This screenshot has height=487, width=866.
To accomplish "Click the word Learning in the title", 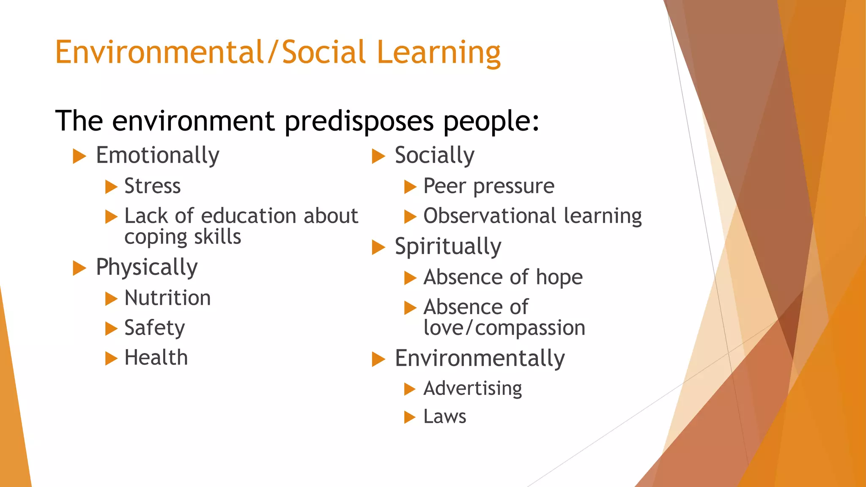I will click(x=438, y=53).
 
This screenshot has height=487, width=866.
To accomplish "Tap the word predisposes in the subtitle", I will click(x=359, y=122).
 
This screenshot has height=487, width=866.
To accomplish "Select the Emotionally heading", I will click(x=157, y=156).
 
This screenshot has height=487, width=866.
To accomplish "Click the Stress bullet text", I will click(x=152, y=186).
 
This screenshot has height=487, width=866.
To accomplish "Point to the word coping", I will click(x=152, y=237).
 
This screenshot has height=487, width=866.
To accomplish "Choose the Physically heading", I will click(x=147, y=268).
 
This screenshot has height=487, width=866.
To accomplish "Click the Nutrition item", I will click(x=167, y=298).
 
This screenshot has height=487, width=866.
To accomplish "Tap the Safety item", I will click(x=154, y=328).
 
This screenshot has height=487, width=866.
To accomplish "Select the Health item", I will click(x=156, y=358).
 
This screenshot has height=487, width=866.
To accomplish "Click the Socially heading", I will click(x=434, y=156).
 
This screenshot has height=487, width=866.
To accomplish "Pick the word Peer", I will click(x=444, y=186).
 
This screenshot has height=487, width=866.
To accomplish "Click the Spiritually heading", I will click(x=448, y=246).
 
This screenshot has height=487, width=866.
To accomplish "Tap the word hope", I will click(x=559, y=278).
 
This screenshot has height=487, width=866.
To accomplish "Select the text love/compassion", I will click(x=504, y=328).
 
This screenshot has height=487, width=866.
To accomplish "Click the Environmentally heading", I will click(x=480, y=359).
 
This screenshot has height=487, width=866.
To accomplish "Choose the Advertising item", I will click(x=472, y=389).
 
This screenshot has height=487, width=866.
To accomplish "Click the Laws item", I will click(x=444, y=417).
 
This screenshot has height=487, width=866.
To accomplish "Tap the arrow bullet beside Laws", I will click(x=410, y=417).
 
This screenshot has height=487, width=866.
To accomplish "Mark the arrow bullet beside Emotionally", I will click(x=79, y=156).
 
